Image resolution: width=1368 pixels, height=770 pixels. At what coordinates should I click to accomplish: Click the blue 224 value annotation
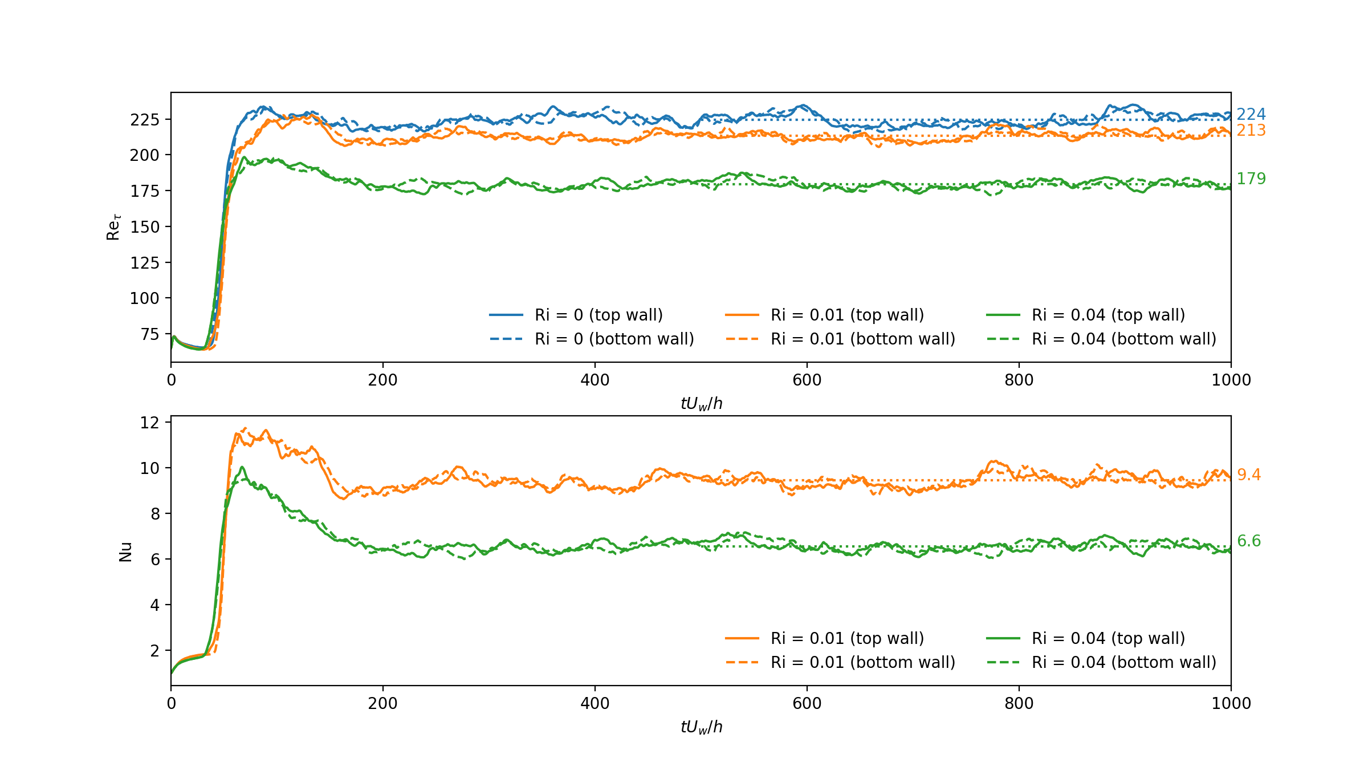pyautogui.click(x=1251, y=115)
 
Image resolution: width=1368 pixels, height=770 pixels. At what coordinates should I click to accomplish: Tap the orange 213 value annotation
pyautogui.click(x=1251, y=131)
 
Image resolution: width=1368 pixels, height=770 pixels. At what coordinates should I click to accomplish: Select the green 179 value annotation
pyautogui.click(x=1251, y=179)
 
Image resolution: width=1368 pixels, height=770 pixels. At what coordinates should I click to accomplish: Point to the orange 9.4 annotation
pyautogui.click(x=1248, y=475)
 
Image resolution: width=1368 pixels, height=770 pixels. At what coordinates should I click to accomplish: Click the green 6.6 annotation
pyautogui.click(x=1248, y=541)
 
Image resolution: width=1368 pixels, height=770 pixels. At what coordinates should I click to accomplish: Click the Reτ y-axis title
pyautogui.click(x=113, y=227)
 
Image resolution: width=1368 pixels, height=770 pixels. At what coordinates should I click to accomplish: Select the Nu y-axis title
pyautogui.click(x=125, y=552)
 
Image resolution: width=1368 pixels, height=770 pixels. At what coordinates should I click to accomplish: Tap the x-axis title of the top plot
pyautogui.click(x=701, y=404)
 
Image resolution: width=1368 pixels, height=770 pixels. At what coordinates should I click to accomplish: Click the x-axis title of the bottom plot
pyautogui.click(x=701, y=727)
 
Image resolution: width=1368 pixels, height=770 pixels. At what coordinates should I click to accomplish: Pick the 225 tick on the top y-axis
pyautogui.click(x=144, y=120)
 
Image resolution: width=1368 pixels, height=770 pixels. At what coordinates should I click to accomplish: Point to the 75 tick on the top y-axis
pyautogui.click(x=149, y=334)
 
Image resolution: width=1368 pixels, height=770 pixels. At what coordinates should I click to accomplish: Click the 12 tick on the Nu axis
pyautogui.click(x=149, y=423)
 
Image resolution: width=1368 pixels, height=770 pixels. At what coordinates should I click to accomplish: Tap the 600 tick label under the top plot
pyautogui.click(x=807, y=380)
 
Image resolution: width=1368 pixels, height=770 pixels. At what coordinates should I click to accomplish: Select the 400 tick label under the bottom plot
pyautogui.click(x=595, y=704)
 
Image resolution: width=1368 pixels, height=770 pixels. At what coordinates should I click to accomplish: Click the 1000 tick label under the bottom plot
pyautogui.click(x=1231, y=704)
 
